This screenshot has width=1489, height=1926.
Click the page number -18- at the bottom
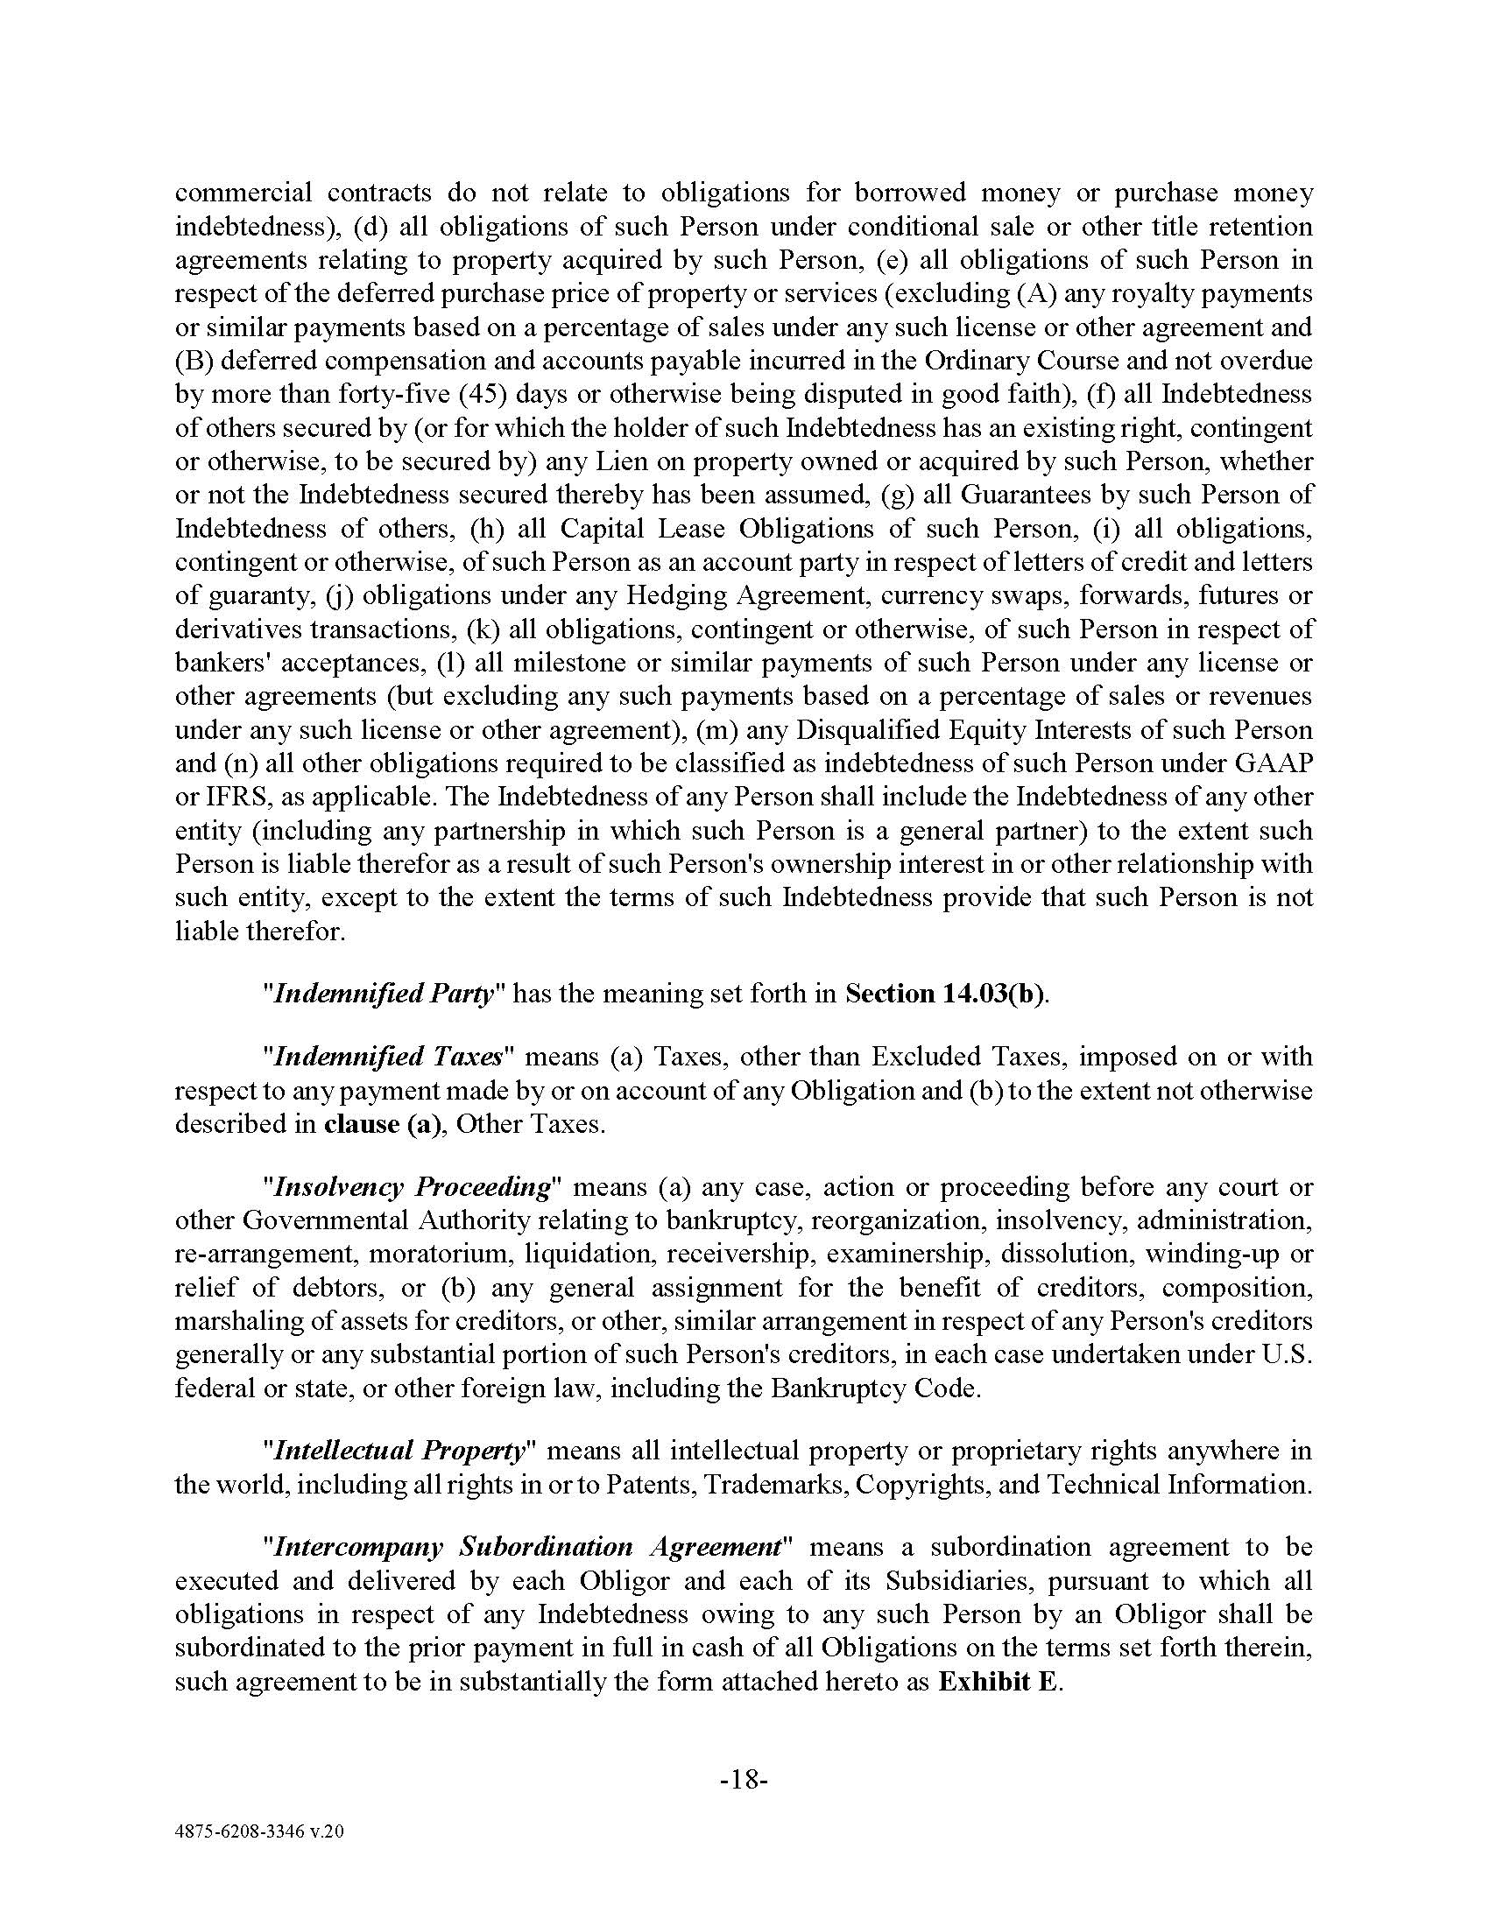point(744,1780)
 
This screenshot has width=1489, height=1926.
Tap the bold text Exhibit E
point(999,1682)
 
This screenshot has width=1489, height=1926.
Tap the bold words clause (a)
point(381,1125)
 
